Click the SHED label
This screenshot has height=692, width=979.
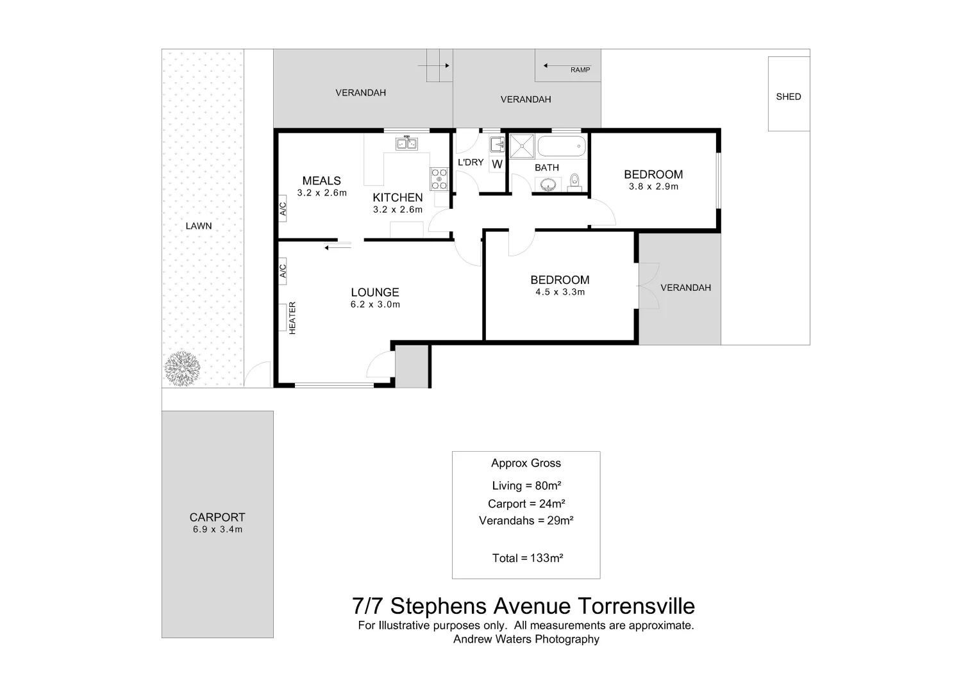click(788, 97)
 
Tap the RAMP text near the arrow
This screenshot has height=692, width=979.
click(580, 70)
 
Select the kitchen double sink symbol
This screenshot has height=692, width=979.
click(406, 144)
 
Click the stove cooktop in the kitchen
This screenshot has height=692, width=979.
click(439, 178)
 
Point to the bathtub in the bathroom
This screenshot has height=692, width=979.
click(561, 147)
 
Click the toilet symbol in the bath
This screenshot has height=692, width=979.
click(574, 181)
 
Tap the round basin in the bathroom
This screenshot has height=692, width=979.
click(549, 186)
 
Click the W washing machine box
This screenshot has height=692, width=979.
click(497, 165)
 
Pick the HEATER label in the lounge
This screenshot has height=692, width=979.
click(292, 318)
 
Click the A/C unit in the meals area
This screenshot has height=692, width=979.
click(283, 209)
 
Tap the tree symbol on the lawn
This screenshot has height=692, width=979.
click(183, 368)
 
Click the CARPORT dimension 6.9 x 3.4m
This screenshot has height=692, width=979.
click(217, 530)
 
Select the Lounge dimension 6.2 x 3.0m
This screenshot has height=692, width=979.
click(375, 305)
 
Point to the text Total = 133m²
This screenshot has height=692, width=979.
click(527, 558)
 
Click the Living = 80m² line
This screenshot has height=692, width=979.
click(526, 486)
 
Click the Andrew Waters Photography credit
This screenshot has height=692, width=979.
click(526, 639)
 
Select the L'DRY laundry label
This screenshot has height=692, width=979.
click(471, 162)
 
